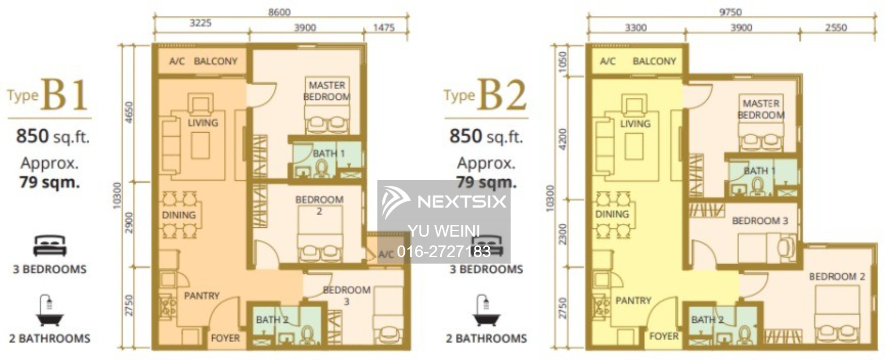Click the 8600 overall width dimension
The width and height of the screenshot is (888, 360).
point(279,12)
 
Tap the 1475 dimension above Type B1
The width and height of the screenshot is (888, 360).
point(384,28)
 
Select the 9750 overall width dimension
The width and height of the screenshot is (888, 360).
point(730,12)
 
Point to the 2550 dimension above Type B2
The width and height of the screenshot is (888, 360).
point(836,28)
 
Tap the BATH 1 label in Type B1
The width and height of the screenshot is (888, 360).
point(329,154)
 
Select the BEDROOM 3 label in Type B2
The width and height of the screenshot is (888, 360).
point(760,221)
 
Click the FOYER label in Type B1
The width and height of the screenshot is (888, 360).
point(225,338)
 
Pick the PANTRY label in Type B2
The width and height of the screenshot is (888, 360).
point(633,301)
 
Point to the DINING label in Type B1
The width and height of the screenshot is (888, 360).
point(178,215)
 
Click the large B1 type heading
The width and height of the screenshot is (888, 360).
point(65,95)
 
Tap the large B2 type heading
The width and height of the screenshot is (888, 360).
point(502,95)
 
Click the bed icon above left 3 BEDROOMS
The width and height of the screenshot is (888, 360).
point(50,245)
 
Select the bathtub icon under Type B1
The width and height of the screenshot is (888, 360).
point(50,310)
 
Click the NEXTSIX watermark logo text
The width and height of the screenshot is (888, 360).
point(462,202)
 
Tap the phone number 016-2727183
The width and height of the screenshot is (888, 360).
point(444,252)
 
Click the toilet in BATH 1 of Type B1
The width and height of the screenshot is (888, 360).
point(321,169)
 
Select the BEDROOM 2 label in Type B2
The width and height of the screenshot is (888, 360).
point(837,277)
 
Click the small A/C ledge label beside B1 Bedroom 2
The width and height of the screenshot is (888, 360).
point(386,254)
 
